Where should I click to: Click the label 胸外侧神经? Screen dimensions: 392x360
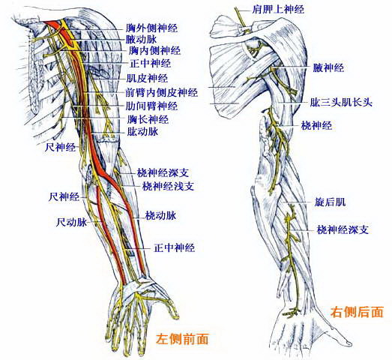pyautogui.click(x=151, y=28)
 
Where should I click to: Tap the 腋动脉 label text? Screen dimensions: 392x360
pyautogui.click(x=141, y=39)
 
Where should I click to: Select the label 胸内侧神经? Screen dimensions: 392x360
pyautogui.click(x=154, y=51)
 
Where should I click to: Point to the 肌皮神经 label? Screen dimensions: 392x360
pyautogui.click(x=147, y=79)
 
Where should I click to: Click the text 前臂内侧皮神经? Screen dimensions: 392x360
pyautogui.click(x=161, y=92)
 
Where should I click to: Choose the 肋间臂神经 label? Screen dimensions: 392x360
pyautogui.click(x=151, y=106)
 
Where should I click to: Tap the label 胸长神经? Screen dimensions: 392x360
pyautogui.click(x=148, y=119)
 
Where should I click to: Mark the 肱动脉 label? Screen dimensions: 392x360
pyautogui.click(x=142, y=131)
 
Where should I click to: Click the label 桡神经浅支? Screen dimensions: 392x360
pyautogui.click(x=168, y=186)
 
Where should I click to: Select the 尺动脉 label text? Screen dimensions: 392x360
pyautogui.click(x=71, y=222)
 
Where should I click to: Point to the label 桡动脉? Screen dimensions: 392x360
pyautogui.click(x=160, y=215)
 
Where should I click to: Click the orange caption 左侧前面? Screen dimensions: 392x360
pyautogui.click(x=182, y=339)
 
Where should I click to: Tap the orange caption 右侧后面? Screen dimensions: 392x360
pyautogui.click(x=357, y=313)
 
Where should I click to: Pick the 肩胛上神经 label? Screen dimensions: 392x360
pyautogui.click(x=278, y=10)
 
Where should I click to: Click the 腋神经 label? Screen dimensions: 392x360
pyautogui.click(x=328, y=67)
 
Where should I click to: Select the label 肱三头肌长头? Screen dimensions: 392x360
pyautogui.click(x=341, y=103)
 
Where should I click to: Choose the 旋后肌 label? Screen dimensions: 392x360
pyautogui.click(x=330, y=202)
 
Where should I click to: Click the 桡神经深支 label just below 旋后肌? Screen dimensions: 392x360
pyautogui.click(x=343, y=229)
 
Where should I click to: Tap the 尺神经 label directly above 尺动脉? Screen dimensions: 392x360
pyautogui.click(x=64, y=197)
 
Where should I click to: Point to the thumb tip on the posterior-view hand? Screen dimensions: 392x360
pyautogui.click(x=351, y=343)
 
